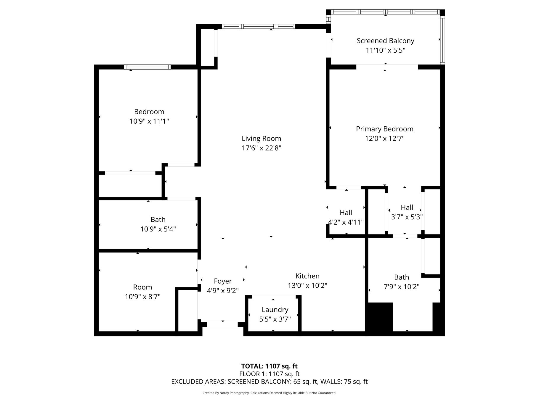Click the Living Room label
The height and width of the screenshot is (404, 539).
261,139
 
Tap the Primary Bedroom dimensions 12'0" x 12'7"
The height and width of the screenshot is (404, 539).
384,139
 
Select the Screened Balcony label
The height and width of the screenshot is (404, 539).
385,41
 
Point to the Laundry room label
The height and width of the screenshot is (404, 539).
275,310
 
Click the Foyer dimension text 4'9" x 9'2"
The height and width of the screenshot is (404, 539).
223,291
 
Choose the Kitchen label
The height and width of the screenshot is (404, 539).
307,276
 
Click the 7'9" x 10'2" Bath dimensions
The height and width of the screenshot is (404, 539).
402,287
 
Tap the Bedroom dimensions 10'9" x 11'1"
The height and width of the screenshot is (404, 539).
149,121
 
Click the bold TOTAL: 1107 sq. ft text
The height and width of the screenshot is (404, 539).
269,366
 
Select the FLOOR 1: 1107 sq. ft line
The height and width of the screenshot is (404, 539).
269,374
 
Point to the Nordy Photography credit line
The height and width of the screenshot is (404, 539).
269,393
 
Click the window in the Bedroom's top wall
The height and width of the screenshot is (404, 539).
147,67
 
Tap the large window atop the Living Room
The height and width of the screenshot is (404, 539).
259,26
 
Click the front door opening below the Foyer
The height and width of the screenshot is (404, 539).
222,324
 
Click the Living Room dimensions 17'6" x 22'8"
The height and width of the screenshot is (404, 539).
261,148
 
